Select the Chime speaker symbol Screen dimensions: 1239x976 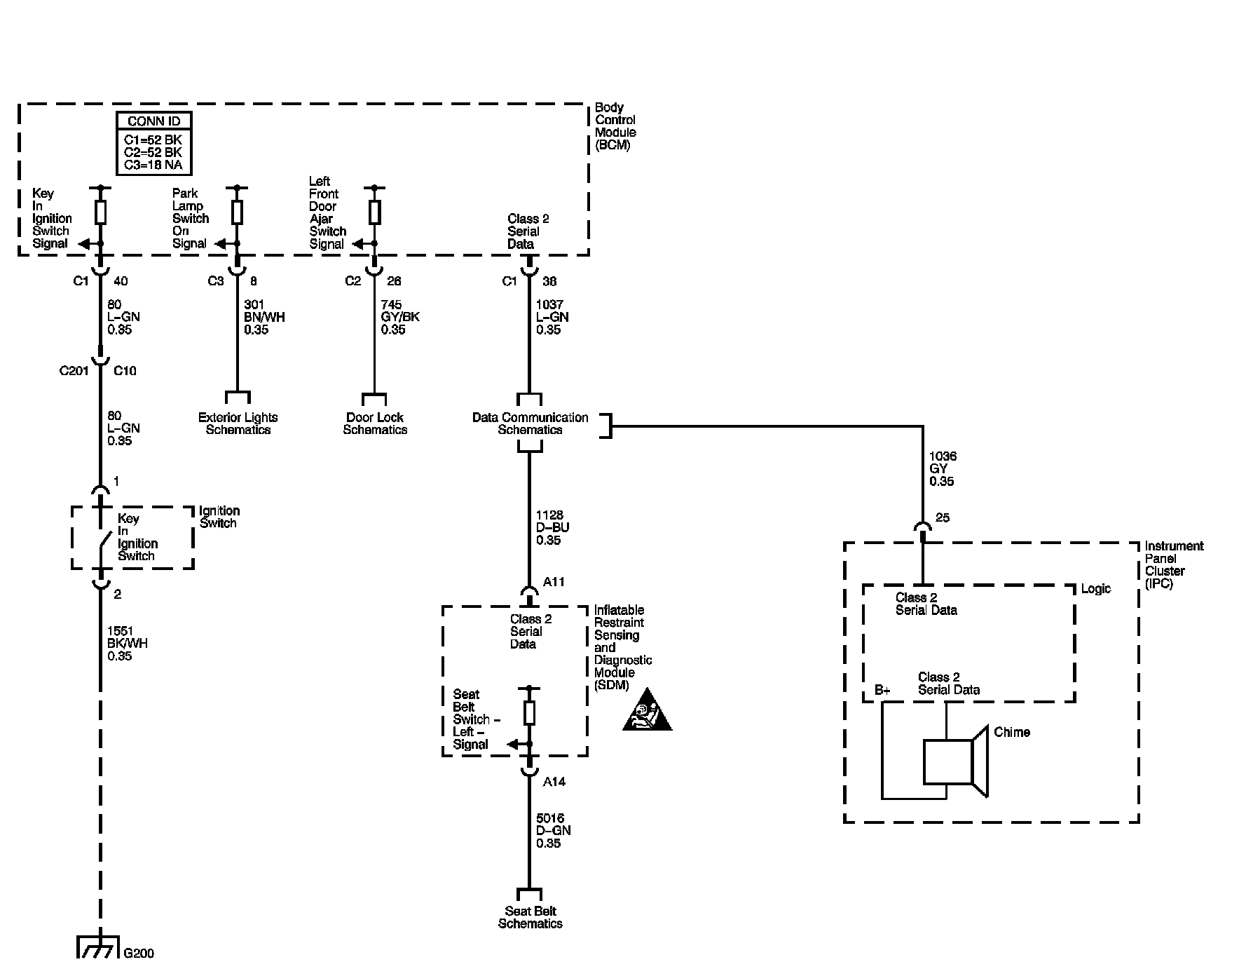pyautogui.click(x=955, y=762)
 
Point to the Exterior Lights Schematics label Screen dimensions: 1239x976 pyautogui.click(x=238, y=423)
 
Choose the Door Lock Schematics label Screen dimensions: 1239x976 pyautogui.click(x=375, y=423)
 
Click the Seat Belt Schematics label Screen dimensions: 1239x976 pyautogui.click(x=530, y=917)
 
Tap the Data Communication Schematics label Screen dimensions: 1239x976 pyautogui.click(x=530, y=423)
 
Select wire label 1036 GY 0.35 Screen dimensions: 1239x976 pyautogui.click(x=943, y=469)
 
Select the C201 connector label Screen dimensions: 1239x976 pyautogui.click(x=74, y=371)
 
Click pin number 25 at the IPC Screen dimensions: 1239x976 pyautogui.click(x=943, y=517)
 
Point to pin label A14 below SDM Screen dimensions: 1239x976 pyautogui.click(x=554, y=782)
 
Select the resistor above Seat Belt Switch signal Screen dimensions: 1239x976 pyautogui.click(x=529, y=712)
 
